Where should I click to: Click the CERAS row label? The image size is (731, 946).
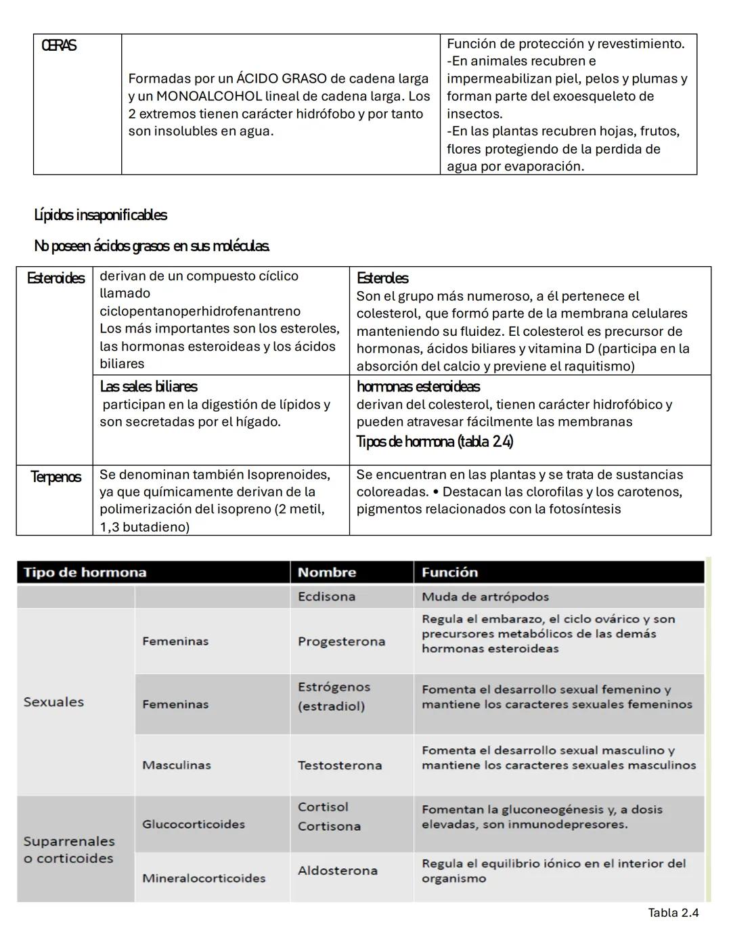pos(59,46)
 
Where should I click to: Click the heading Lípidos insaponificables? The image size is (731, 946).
pos(100,215)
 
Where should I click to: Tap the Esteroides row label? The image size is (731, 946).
pos(56,278)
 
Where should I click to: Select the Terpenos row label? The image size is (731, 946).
pos(56,477)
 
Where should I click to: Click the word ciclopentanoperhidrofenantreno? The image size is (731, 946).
pos(200,311)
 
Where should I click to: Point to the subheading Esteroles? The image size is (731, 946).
pos(382,278)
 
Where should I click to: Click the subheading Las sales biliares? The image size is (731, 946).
pos(148,387)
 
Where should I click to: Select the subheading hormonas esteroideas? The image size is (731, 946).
pos(418,387)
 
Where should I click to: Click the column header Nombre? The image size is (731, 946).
pos(327,572)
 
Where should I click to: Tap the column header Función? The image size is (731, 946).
pos(449,572)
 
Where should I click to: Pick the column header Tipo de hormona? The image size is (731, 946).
pos(85,572)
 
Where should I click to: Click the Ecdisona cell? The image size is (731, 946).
pos(326,597)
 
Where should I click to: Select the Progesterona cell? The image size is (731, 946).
pos(341,641)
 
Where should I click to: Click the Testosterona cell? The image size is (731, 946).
pos(340,765)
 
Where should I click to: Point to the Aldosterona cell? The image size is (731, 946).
pos(338,870)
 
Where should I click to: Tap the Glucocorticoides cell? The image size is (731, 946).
pos(194,824)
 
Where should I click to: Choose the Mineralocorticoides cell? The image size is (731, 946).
pos(204,878)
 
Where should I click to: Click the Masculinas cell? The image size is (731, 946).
pos(177,765)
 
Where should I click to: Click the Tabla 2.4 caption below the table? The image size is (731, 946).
pos(673,913)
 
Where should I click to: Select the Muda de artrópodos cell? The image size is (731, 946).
pos(485,597)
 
